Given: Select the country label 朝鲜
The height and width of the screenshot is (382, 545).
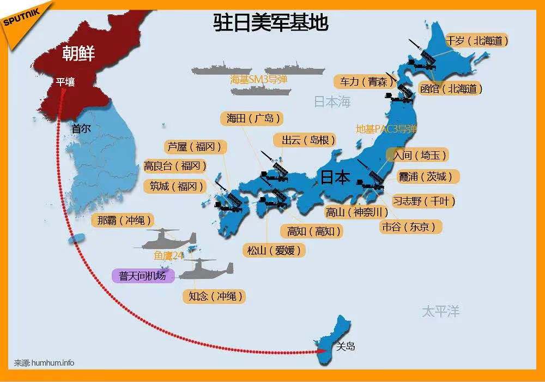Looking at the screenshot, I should (78, 53).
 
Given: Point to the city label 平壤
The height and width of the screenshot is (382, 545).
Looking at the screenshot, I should (65, 82).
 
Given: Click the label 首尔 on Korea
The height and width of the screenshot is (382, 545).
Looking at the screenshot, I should (81, 129).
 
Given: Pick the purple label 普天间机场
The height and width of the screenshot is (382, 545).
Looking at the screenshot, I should (142, 276).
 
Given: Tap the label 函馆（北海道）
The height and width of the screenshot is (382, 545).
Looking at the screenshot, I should (451, 88).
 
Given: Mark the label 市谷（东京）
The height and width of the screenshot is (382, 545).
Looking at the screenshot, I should (409, 226).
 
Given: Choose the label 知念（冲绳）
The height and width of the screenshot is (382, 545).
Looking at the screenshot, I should (214, 296).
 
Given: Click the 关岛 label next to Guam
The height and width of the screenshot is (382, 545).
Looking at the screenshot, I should (346, 346).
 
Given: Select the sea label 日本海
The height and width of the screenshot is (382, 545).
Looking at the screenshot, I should (332, 102).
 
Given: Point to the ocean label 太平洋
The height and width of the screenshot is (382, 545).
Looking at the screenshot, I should (440, 312).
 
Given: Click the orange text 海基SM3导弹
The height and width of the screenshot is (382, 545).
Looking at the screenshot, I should (258, 80).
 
